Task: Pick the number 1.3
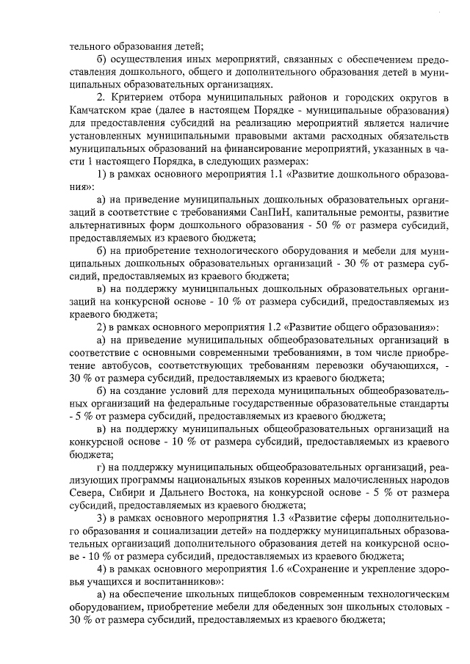(254, 517)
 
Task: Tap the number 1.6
(254, 569)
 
